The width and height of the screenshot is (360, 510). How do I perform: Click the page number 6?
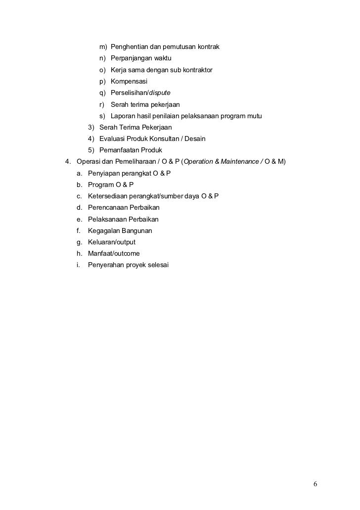point(315,483)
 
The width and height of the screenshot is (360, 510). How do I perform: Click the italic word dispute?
point(160,93)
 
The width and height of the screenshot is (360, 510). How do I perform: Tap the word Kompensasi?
point(129,82)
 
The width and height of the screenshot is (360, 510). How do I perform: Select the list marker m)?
point(102,47)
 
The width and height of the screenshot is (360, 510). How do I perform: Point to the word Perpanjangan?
point(132,58)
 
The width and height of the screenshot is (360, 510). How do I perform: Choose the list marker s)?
point(102,116)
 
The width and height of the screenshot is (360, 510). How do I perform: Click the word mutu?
point(254,116)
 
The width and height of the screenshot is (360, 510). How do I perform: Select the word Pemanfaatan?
point(120,150)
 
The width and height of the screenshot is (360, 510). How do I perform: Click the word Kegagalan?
point(103,231)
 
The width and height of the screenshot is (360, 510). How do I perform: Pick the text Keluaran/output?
point(111,242)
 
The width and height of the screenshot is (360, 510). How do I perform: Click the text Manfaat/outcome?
point(114,254)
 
